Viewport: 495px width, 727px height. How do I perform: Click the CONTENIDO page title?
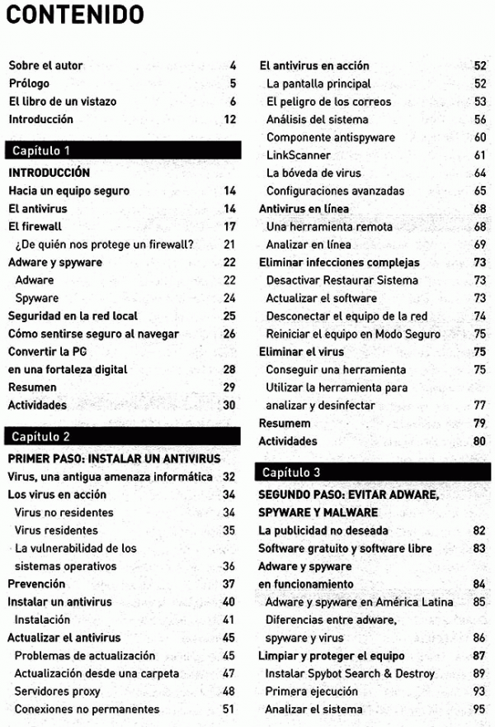point(75,16)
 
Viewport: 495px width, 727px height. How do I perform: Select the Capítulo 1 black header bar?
point(123,150)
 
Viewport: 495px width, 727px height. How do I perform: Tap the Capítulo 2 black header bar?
point(123,436)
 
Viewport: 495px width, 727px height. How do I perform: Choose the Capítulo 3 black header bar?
point(374,473)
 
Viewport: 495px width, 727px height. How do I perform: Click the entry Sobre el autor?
point(45,65)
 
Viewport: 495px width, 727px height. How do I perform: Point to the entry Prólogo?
point(29,83)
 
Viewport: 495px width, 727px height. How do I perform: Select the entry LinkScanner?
point(299,155)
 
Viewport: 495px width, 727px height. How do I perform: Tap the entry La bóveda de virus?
point(313,173)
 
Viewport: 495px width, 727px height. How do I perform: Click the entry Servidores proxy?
point(57,691)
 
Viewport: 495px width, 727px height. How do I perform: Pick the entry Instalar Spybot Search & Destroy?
point(350,674)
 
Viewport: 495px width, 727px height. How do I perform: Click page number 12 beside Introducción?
point(230,119)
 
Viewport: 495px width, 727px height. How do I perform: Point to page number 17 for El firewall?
point(230,226)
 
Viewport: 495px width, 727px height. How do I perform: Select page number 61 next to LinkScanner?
point(480,155)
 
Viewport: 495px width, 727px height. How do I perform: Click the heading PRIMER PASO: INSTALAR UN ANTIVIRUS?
point(114,459)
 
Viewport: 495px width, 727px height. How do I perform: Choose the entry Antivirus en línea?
point(304,208)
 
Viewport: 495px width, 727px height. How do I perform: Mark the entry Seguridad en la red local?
point(73,316)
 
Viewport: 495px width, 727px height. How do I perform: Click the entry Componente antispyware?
point(331,137)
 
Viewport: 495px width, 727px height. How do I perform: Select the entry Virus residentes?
point(56,530)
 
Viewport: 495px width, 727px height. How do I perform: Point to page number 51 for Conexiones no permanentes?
point(229,710)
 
